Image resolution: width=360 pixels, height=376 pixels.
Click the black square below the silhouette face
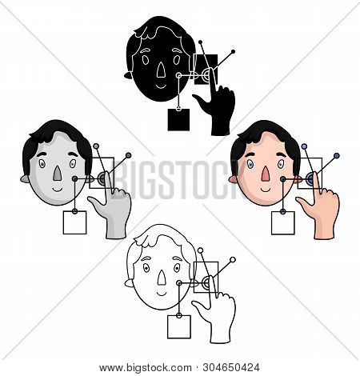click(x=178, y=120)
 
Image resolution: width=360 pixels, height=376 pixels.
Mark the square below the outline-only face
click(x=178, y=326)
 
